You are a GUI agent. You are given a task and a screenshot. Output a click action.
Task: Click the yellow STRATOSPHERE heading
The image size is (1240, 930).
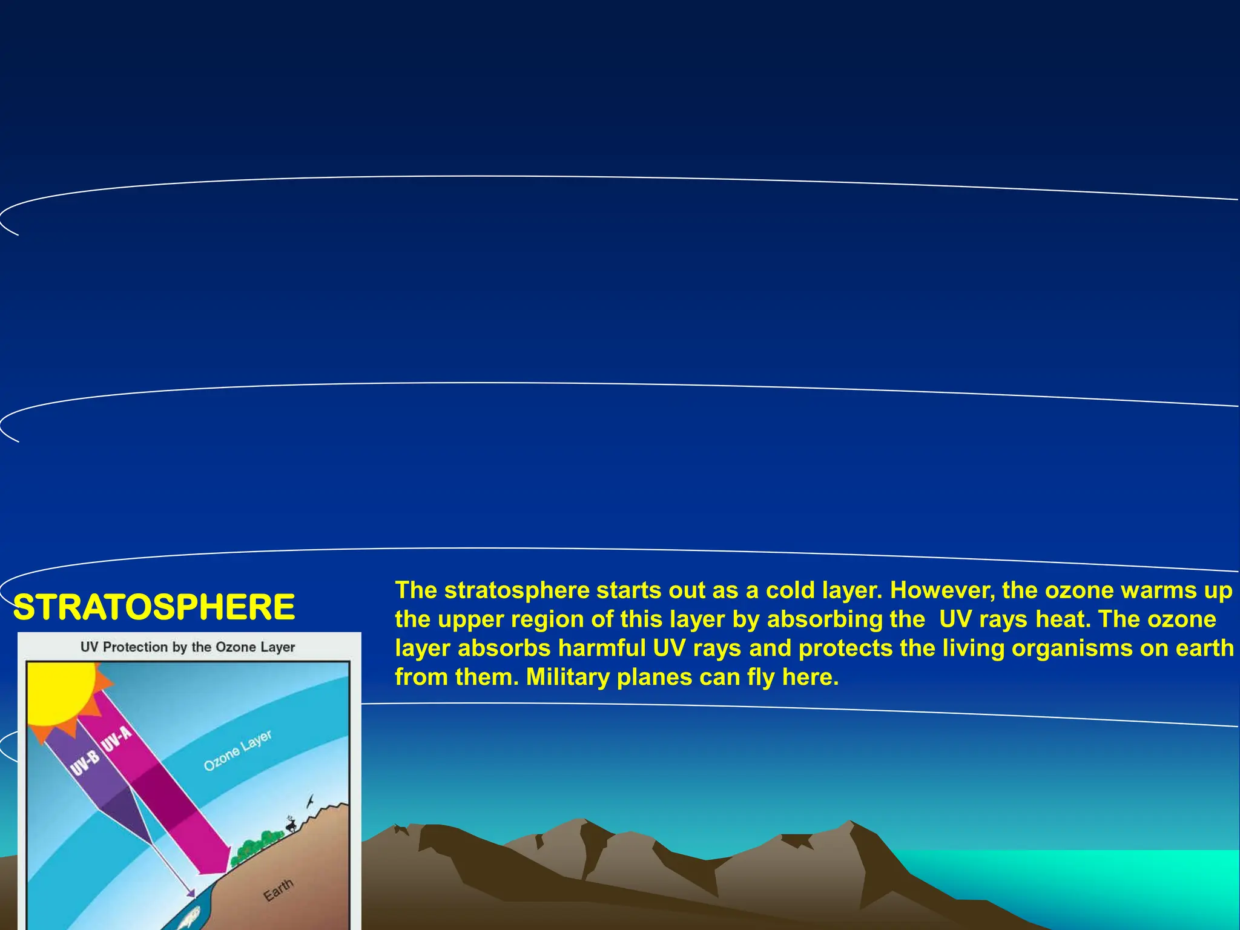tap(154, 607)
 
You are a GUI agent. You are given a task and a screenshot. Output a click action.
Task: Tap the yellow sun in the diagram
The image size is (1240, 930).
tap(61, 690)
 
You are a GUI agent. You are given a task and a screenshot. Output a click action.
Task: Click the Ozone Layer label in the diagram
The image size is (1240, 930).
tap(237, 751)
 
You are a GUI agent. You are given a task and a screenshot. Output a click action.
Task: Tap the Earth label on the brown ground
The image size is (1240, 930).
tap(279, 889)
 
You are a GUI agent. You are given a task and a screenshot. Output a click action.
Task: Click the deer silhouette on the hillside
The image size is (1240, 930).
tap(291, 824)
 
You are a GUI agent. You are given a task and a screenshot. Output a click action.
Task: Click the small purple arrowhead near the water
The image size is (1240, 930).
tap(191, 893)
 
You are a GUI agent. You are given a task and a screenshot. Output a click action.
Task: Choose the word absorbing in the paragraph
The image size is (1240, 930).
tap(846, 619)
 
